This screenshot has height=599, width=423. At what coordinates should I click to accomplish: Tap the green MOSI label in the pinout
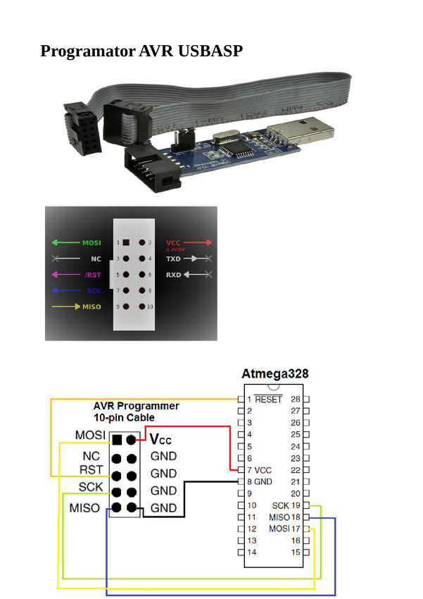[x=91, y=242]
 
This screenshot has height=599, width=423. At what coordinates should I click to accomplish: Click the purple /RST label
[x=92, y=275]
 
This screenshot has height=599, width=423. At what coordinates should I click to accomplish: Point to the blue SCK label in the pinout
[x=94, y=290]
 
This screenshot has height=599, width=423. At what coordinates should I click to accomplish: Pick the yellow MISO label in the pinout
[x=91, y=307]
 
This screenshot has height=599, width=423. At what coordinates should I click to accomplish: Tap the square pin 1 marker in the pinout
[x=126, y=242]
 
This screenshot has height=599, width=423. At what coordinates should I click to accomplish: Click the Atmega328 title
[x=275, y=373]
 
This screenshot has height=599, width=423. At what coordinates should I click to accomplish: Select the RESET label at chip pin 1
[x=268, y=399]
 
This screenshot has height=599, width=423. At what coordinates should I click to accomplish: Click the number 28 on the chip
[x=296, y=399]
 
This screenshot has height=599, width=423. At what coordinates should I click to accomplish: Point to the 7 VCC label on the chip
[x=258, y=470]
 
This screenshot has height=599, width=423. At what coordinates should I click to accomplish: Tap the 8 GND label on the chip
[x=258, y=482]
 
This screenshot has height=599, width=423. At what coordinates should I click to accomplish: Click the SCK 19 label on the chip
[x=286, y=505]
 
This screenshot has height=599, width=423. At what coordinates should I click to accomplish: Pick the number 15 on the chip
[x=296, y=552]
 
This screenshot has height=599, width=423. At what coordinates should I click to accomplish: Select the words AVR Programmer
[x=137, y=406]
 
